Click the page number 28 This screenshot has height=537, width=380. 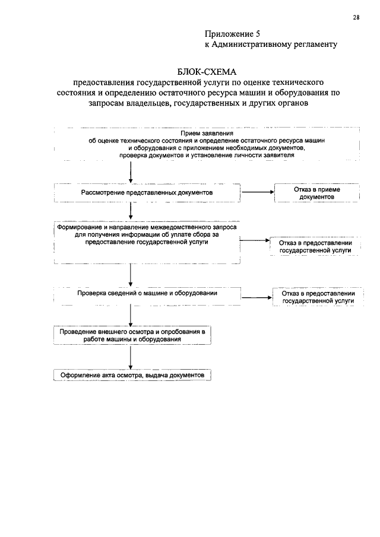356,17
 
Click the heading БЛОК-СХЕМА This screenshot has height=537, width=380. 206,71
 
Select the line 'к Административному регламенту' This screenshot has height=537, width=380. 271,44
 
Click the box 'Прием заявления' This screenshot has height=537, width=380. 206,144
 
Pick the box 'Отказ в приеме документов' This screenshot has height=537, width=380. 316,193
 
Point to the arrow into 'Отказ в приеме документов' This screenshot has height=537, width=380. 256,192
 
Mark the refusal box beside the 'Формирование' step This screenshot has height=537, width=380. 316,247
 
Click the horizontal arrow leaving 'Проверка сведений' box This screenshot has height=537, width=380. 256,298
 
